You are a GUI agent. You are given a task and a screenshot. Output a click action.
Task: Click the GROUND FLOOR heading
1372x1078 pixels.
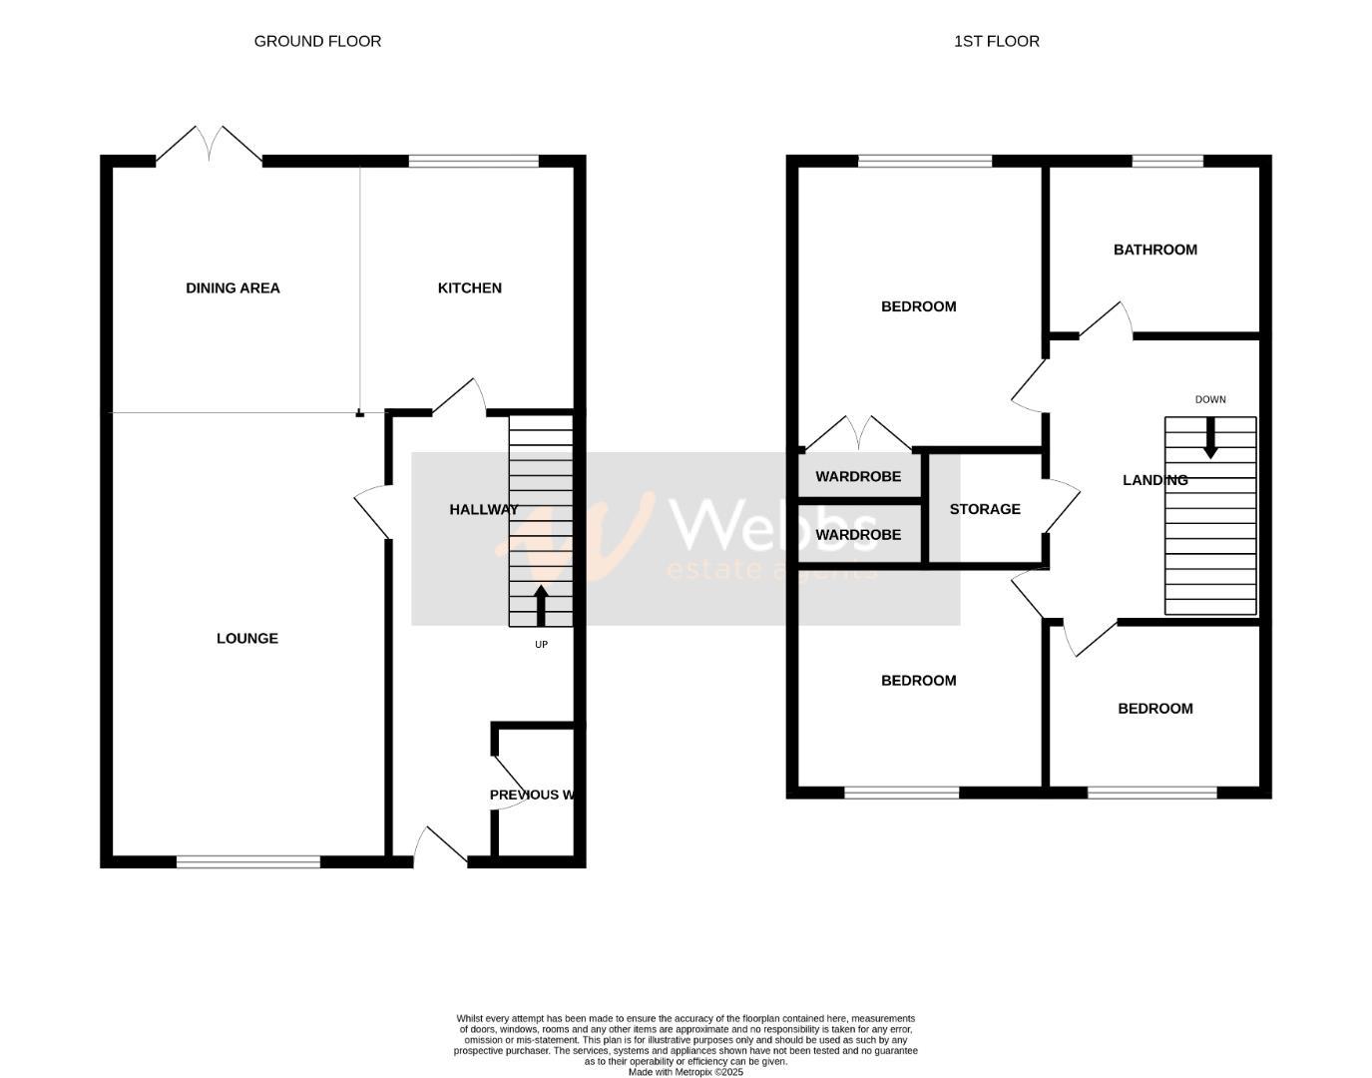click(x=317, y=41)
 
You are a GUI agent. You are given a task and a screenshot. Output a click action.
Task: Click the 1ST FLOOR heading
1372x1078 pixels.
click(x=996, y=41)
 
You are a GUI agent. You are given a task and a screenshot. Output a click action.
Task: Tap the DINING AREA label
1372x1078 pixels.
click(x=232, y=287)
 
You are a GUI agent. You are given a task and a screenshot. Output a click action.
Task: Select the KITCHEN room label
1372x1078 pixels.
click(x=469, y=287)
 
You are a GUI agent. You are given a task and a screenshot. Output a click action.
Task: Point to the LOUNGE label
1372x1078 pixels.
click(x=246, y=638)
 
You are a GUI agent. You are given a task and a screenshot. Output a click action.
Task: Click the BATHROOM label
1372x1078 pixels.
click(x=1154, y=250)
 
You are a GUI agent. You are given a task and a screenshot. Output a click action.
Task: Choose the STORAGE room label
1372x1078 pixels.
click(x=984, y=509)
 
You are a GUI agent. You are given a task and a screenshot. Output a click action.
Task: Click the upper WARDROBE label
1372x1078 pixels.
click(x=857, y=476)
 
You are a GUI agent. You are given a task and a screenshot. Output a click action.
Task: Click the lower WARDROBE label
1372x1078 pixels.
click(x=857, y=534)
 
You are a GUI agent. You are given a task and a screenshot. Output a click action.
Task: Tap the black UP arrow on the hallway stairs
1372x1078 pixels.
click(x=541, y=605)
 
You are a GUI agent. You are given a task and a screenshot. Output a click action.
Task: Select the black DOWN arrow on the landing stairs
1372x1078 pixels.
click(x=1209, y=438)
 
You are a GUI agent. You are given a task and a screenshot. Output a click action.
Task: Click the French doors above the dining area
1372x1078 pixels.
click(x=210, y=145)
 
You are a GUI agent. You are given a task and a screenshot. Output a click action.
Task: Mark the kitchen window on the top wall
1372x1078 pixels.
click(x=473, y=161)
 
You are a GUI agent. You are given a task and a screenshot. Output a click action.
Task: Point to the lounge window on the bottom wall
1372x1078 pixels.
click(x=248, y=861)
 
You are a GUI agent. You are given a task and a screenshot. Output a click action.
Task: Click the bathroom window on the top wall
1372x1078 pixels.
click(x=1166, y=161)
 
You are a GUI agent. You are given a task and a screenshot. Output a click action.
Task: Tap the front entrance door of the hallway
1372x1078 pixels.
click(x=440, y=846)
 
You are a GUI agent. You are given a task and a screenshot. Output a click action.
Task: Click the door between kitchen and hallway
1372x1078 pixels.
click(x=459, y=397)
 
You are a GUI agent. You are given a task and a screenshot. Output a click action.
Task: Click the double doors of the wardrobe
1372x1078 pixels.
click(x=858, y=434)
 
